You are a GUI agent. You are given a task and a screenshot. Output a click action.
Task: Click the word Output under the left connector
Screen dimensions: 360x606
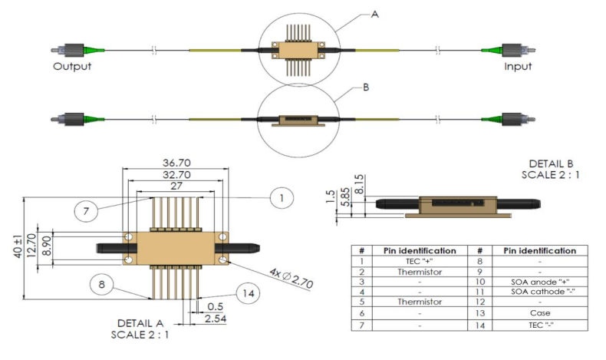72,66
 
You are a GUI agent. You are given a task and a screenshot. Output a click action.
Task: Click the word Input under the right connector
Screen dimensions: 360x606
518,66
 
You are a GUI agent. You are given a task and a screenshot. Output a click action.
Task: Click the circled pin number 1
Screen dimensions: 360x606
281,198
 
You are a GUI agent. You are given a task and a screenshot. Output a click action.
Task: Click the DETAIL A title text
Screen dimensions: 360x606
140,322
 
